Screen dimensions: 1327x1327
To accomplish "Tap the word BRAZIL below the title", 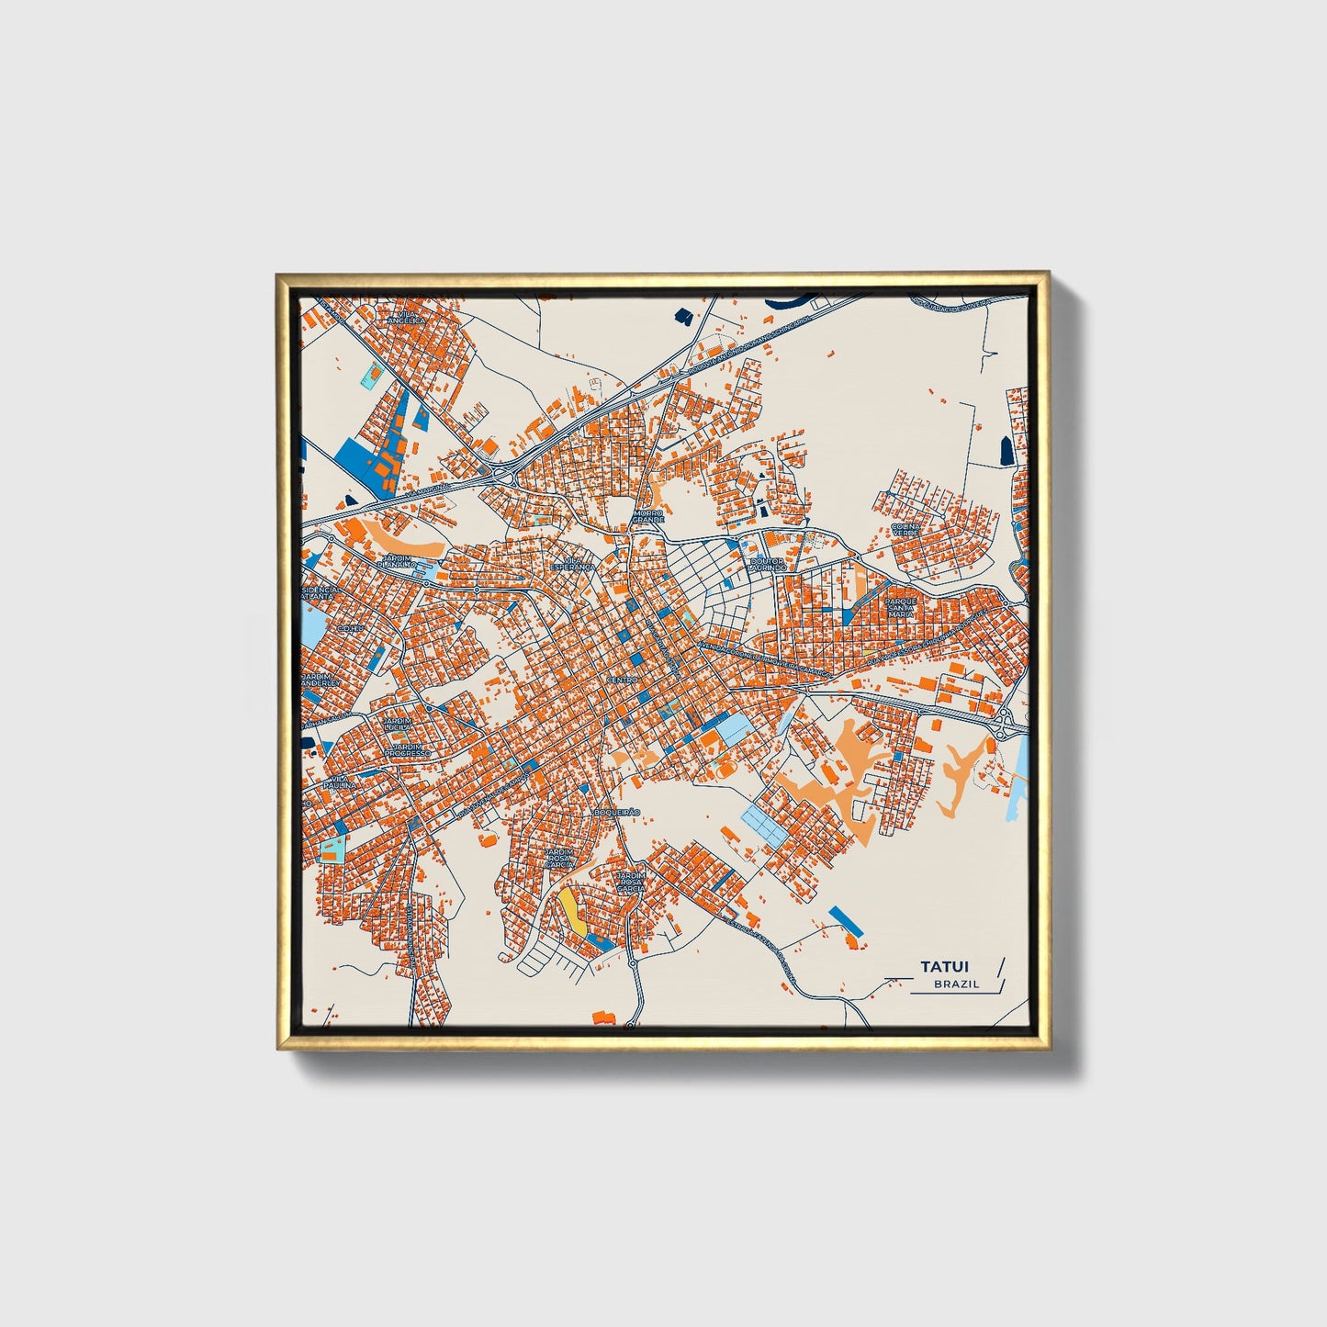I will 956,984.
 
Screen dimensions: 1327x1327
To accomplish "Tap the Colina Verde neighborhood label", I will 905,530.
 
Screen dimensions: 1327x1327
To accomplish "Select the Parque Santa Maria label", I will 901,607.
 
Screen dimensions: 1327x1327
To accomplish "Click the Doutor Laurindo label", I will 769,564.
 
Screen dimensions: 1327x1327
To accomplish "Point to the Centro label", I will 622,680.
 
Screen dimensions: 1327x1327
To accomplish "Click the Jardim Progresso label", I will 407,750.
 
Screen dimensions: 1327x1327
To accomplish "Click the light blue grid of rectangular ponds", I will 764,822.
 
